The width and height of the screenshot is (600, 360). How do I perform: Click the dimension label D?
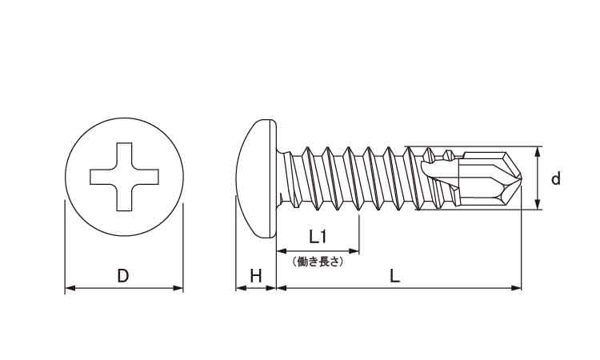point(123,276)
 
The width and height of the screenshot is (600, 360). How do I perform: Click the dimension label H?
point(256,276)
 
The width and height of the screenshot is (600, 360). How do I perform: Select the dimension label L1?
point(318,237)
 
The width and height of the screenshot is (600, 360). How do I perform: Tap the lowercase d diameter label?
point(556,178)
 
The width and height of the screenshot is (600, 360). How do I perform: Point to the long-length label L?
point(394,276)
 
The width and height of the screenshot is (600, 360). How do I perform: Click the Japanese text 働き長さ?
point(318,262)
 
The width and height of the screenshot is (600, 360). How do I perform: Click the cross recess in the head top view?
point(124,177)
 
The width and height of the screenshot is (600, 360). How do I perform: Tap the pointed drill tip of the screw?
point(521,178)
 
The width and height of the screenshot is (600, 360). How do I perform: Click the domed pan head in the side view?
point(256,178)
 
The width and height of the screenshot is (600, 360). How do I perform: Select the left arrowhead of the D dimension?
point(70,288)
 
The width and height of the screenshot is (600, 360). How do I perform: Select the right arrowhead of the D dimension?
point(178,288)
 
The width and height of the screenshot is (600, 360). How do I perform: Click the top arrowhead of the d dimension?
point(538,151)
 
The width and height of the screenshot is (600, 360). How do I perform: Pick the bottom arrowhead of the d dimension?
point(538,204)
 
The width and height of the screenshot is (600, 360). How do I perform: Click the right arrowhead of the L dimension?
point(516,288)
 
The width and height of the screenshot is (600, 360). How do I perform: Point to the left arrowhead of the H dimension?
point(241,288)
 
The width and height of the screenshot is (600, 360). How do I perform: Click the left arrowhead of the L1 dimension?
point(282,251)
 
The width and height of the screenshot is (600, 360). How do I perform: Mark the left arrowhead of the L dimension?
point(282,288)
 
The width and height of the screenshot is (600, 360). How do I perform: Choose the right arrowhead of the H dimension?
point(271,288)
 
